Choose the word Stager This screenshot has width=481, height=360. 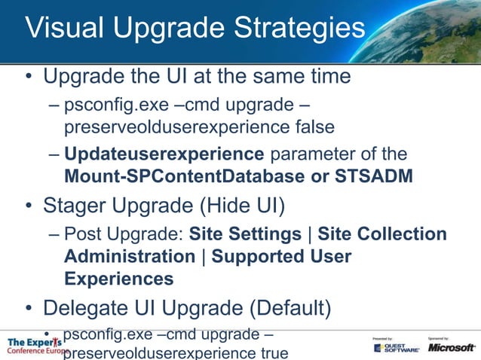point(82,205)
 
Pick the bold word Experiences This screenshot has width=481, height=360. point(119,279)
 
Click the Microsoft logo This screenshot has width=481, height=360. point(452,347)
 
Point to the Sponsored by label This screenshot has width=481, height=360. point(439,338)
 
